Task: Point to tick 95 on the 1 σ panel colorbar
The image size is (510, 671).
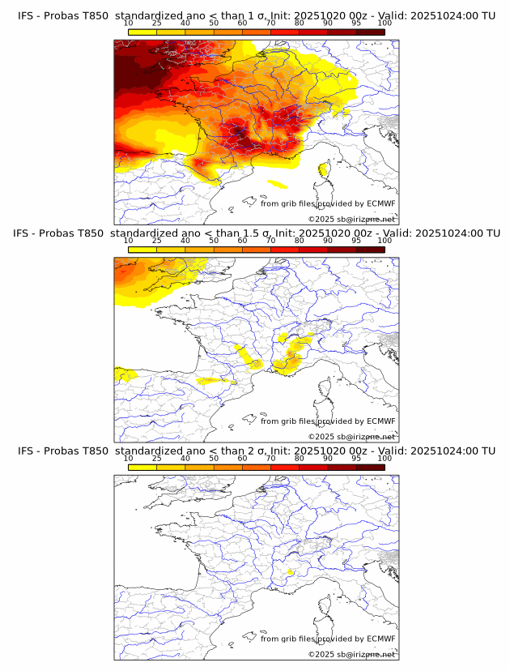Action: pyautogui.click(x=356, y=23)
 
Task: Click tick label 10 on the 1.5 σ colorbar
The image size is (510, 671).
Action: pyautogui.click(x=128, y=241)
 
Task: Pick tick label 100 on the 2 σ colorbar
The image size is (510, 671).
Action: pyautogui.click(x=385, y=459)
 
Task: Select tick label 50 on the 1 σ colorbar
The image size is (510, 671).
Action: pyautogui.click(x=214, y=23)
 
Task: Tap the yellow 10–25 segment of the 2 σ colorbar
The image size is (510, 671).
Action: pyautogui.click(x=142, y=467)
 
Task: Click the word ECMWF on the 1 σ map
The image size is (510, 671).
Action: pyautogui.click(x=381, y=203)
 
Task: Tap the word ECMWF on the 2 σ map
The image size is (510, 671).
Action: pyautogui.click(x=381, y=639)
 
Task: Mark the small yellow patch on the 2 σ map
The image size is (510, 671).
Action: pyautogui.click(x=291, y=573)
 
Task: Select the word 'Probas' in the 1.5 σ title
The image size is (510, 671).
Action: pyautogui.click(x=57, y=233)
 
